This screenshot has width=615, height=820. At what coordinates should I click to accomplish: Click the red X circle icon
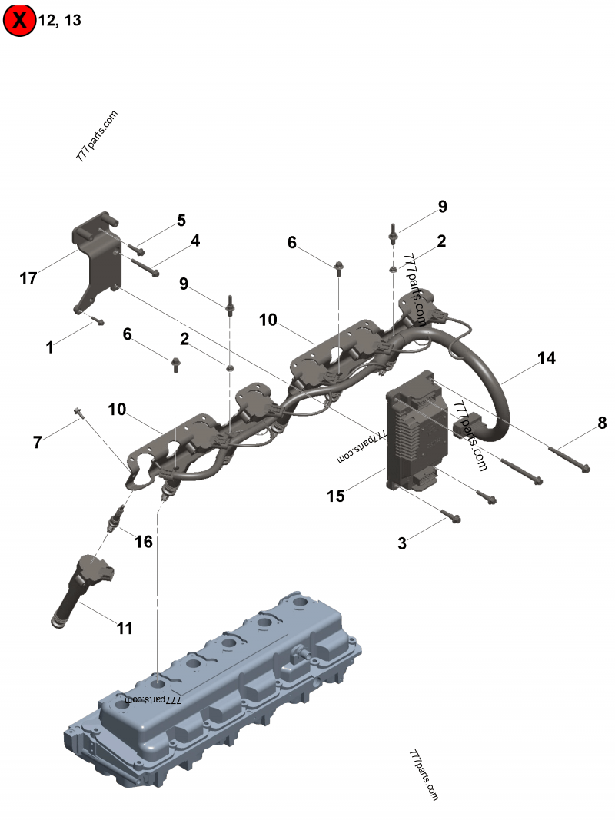[x=19, y=21]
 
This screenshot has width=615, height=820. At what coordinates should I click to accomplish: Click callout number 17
[x=28, y=277]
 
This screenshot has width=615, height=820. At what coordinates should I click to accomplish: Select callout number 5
[x=181, y=220]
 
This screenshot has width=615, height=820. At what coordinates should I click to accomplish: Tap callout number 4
[x=195, y=241]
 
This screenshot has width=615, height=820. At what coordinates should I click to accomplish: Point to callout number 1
[x=50, y=347]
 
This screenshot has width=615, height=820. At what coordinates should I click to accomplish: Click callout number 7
[x=37, y=442]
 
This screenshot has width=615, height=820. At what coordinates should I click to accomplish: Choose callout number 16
[x=143, y=541]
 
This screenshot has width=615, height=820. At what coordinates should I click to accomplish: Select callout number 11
[x=125, y=628]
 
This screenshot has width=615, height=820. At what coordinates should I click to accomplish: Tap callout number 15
[x=336, y=495]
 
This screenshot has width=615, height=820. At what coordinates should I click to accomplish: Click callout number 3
[x=401, y=543]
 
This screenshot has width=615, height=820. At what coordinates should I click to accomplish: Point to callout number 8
[x=602, y=423]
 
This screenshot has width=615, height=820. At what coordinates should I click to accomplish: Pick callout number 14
[x=547, y=358]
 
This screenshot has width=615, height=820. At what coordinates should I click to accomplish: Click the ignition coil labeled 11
[x=81, y=590]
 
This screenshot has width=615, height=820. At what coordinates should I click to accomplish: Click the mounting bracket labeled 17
[x=97, y=261]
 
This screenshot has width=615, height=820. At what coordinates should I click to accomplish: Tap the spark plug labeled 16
[x=115, y=519]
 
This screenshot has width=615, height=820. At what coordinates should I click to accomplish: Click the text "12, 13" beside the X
[x=60, y=21]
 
